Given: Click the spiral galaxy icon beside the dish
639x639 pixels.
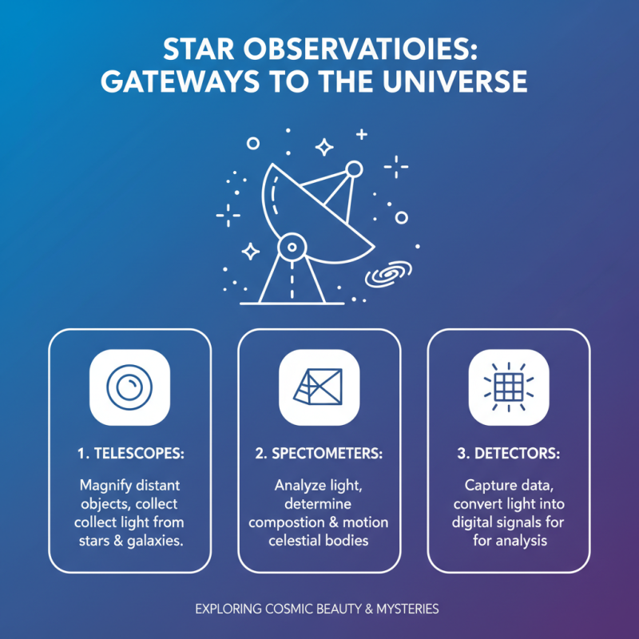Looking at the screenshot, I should (387, 276).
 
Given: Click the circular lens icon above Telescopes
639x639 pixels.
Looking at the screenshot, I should (130, 387).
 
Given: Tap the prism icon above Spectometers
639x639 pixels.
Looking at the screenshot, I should (319, 387).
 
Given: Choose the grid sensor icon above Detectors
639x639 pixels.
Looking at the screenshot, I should (509, 387).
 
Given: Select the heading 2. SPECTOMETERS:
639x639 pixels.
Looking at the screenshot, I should (319, 453).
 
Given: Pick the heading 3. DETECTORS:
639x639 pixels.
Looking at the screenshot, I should (509, 453).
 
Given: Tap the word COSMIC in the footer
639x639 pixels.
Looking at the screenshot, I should (292, 609).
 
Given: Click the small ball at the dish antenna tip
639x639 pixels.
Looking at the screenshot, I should (353, 169).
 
